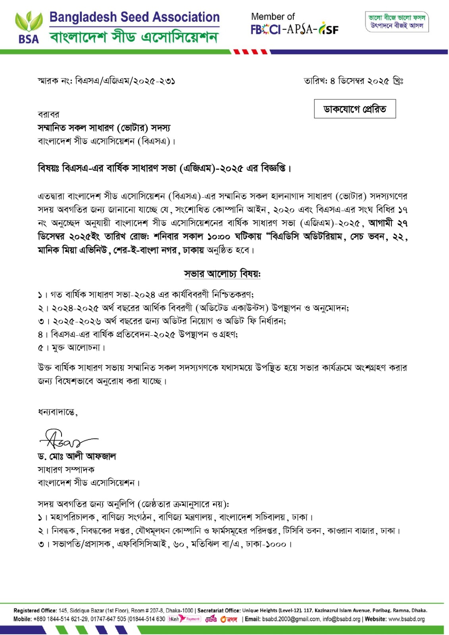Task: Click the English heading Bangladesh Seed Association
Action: coord(134,17)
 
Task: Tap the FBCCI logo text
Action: coord(266,29)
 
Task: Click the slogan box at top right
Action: coord(397,22)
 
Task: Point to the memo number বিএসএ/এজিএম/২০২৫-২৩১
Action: coord(125,81)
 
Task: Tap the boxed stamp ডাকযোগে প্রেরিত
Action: coord(355,109)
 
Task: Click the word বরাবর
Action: coord(48,115)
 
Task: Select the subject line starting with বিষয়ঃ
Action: coord(164,168)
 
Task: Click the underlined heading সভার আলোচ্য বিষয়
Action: coord(222,274)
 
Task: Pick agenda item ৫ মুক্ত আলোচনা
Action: coord(72,348)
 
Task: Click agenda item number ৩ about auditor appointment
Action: coord(162,321)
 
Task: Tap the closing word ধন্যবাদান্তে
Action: coord(58,412)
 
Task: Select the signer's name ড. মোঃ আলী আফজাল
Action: coord(77,456)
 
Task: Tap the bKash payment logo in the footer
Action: coord(184,619)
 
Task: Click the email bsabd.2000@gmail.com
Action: coord(291,619)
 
